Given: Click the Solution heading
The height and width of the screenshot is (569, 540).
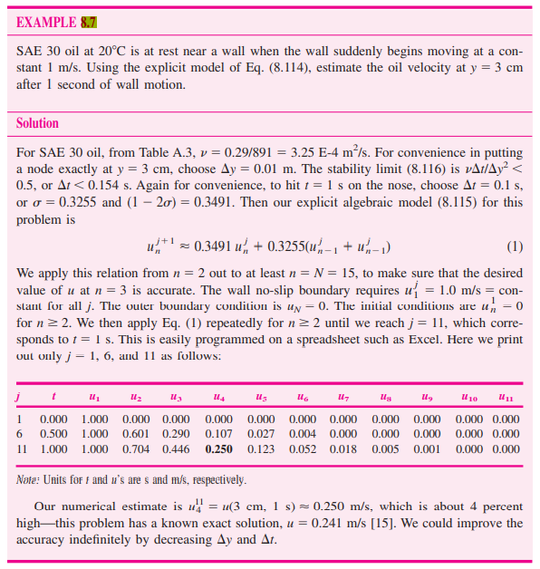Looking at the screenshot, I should pos(37,123).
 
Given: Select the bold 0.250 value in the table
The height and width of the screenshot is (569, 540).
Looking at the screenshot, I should pos(219,448).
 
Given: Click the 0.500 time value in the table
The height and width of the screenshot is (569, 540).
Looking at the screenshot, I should pos(54,434).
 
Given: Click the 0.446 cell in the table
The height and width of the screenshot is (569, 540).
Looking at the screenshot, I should pos(177,448).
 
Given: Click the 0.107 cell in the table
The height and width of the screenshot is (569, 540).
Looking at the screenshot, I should pos(219,434).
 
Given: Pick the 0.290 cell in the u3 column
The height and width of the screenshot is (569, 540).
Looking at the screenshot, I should pos(177,434).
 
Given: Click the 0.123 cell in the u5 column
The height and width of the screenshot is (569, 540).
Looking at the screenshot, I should pos(261,448).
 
